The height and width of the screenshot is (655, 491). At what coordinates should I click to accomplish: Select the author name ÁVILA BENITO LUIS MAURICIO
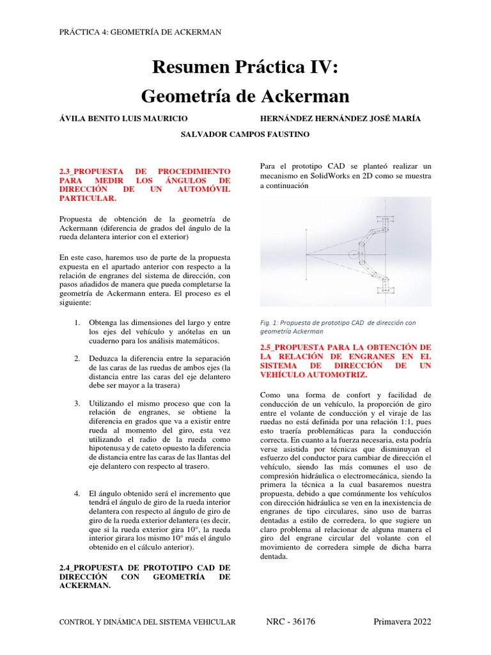pos(123,118)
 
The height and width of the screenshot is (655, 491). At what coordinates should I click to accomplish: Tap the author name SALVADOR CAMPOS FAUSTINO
pos(245,134)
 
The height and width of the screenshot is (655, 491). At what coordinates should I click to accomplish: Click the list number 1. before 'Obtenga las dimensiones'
pos(77,322)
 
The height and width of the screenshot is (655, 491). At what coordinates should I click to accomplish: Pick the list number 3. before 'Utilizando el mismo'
pos(77,404)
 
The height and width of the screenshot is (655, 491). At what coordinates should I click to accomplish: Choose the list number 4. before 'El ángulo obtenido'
pos(77,494)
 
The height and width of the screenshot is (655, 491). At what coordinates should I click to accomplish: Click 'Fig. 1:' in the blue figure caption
pos(269,323)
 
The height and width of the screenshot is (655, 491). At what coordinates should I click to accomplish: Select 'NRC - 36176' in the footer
pos(290,622)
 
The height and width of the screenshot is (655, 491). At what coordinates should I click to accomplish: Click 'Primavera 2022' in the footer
pos(402,622)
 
